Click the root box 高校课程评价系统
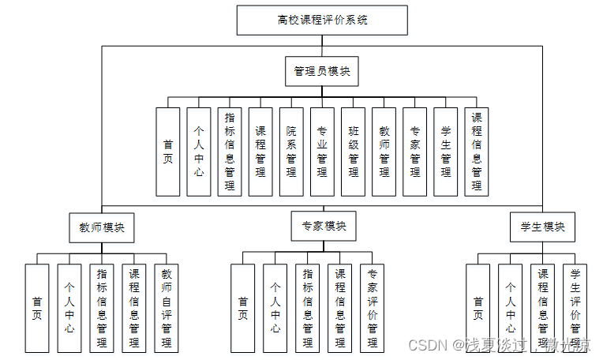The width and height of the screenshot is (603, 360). click(322, 21)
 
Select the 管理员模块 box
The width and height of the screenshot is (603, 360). click(322, 71)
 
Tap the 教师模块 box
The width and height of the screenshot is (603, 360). click(101, 227)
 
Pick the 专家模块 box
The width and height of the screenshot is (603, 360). click(323, 226)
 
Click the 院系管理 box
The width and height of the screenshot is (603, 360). click(291, 152)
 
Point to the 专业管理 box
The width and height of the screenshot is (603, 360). click(322, 152)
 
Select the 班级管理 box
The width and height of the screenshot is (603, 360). click(354, 152)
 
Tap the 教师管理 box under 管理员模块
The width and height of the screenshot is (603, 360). click(384, 152)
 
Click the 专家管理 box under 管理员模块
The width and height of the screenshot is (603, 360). click(415, 152)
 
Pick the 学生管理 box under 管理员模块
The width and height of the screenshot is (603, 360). click(446, 152)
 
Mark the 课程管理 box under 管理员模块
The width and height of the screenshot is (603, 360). click(260, 152)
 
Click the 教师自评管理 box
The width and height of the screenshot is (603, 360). click(167, 308)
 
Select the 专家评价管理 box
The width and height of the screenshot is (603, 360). click(372, 308)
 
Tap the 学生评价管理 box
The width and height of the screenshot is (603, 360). click(575, 308)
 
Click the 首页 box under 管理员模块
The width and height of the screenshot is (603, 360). click(168, 152)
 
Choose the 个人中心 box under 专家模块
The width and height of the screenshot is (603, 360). click(275, 308)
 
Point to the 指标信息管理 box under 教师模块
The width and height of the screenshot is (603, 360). click(102, 308)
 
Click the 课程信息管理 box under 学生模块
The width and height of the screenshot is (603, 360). click(543, 308)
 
